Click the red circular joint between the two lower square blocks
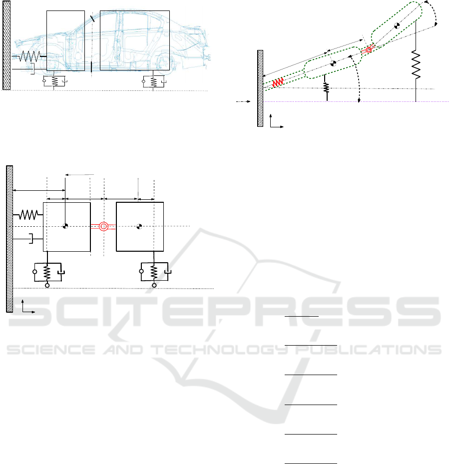click(103, 227)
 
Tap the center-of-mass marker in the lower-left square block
click(65, 226)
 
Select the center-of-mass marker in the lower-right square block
click(139, 227)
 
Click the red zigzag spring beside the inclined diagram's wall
click(278, 82)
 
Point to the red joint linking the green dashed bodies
click(369, 50)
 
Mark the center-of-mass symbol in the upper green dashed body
click(397, 25)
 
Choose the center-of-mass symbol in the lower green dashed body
click(333, 63)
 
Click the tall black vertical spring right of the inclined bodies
click(416, 64)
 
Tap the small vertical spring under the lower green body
click(326, 87)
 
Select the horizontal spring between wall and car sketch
click(29, 56)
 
